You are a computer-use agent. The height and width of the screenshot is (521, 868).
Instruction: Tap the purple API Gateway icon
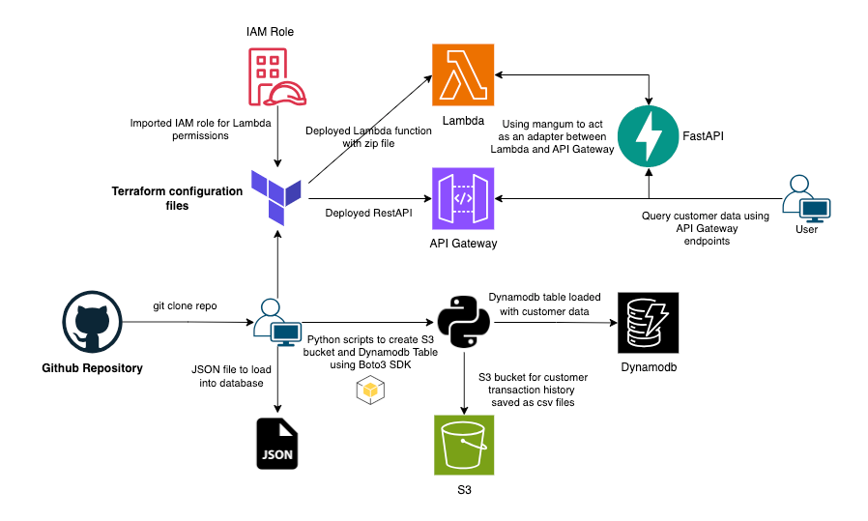[x=462, y=197]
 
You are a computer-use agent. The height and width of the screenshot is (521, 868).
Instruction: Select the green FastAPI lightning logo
[x=649, y=136]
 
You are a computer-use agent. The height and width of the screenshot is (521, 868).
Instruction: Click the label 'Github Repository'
[x=93, y=368]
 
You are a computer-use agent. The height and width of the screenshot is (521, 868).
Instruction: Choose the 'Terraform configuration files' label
[x=178, y=198]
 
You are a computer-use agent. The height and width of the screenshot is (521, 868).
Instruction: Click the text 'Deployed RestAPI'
[x=366, y=213]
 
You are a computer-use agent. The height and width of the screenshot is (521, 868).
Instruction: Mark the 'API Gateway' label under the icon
[x=463, y=244]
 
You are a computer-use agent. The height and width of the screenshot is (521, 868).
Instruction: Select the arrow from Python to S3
[x=465, y=382]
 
